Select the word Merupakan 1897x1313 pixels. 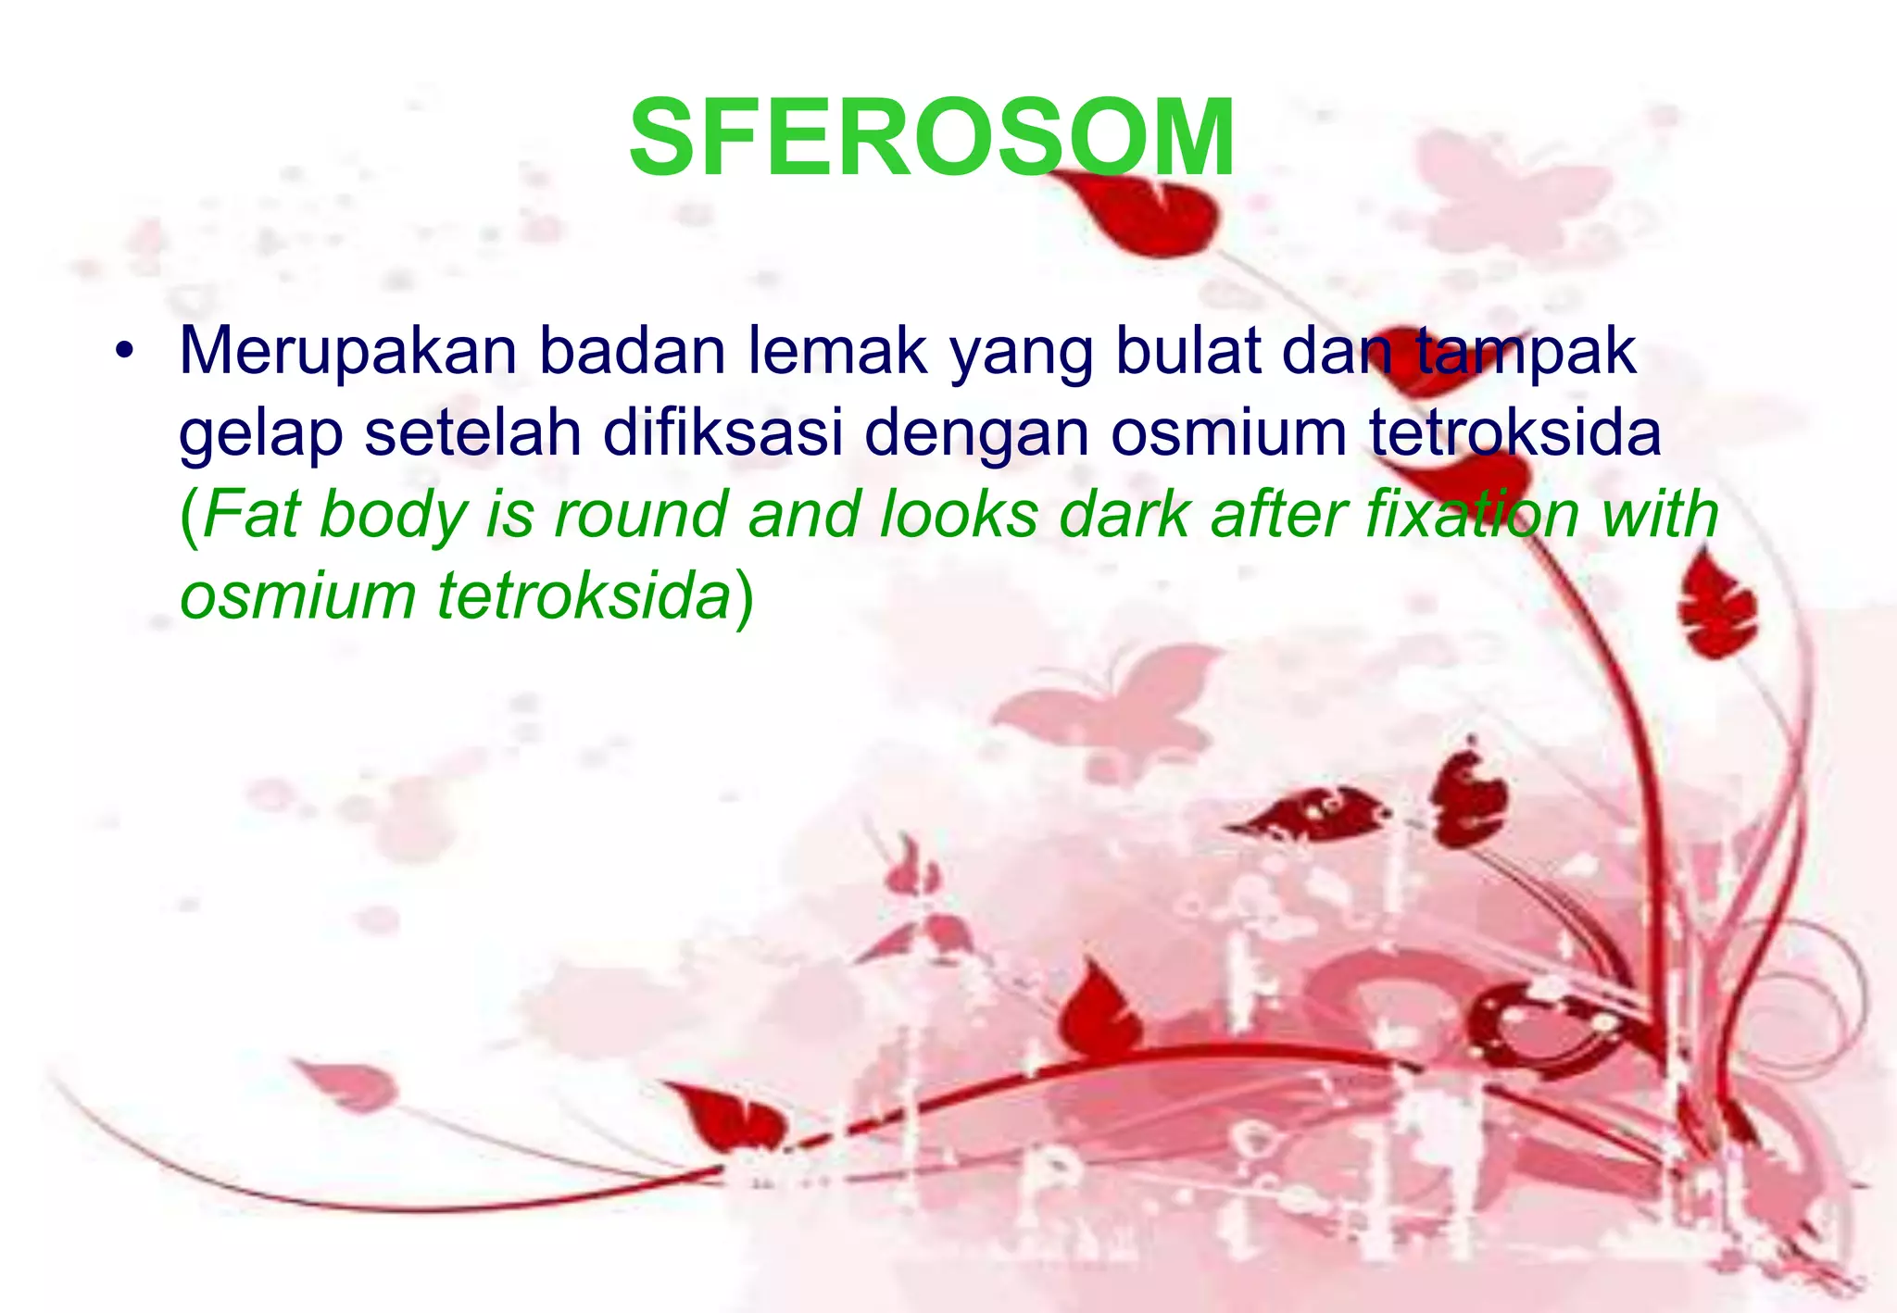pos(347,353)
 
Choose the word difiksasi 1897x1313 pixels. pos(722,432)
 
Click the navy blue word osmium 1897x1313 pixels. pos(1228,432)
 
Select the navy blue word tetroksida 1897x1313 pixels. pos(1515,432)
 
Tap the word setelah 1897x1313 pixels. pos(472,432)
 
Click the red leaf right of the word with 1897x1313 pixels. pos(1718,611)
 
